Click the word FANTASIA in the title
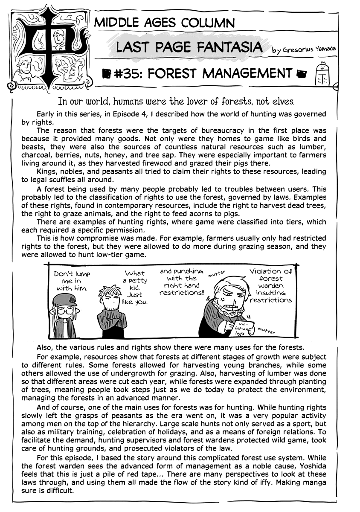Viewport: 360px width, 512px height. tap(234, 48)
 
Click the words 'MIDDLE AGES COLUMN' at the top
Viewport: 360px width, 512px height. tap(164, 23)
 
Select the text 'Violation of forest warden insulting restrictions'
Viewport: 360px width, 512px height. tap(271, 285)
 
